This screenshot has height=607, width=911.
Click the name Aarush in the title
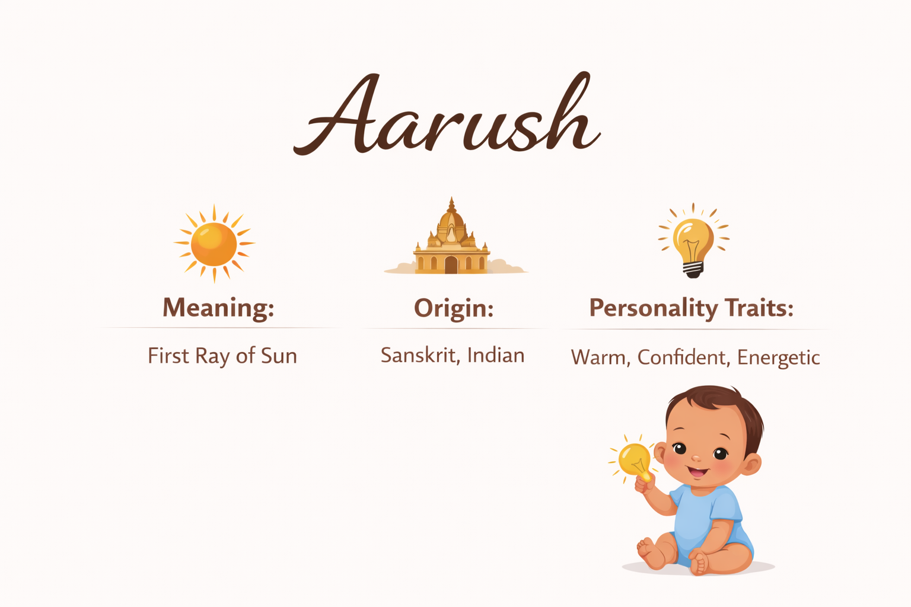tap(447, 114)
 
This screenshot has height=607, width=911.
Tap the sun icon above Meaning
tap(214, 244)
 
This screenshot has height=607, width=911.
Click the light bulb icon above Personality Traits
tap(693, 241)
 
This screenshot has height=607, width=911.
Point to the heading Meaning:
tap(218, 308)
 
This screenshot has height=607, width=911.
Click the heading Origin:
tap(454, 309)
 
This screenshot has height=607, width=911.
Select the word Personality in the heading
tap(654, 308)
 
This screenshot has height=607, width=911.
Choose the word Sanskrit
tap(421, 355)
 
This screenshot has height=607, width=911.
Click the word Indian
tap(496, 355)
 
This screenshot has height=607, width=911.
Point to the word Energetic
tap(778, 358)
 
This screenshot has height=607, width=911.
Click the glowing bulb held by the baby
tap(635, 461)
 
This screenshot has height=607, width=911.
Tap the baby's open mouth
tap(698, 472)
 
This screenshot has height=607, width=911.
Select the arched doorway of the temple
tap(451, 264)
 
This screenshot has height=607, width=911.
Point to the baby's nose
tap(696, 458)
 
